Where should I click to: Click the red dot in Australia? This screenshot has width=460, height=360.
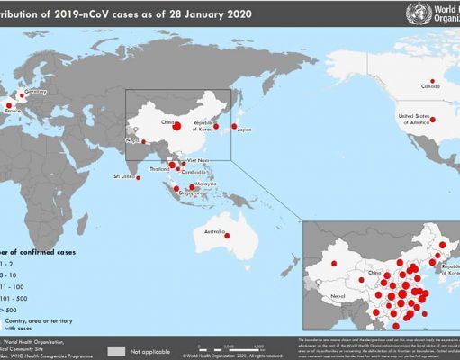point(228,236)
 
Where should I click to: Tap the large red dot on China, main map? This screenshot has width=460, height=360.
point(177,126)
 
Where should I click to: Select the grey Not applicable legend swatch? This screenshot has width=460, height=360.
point(115,350)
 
